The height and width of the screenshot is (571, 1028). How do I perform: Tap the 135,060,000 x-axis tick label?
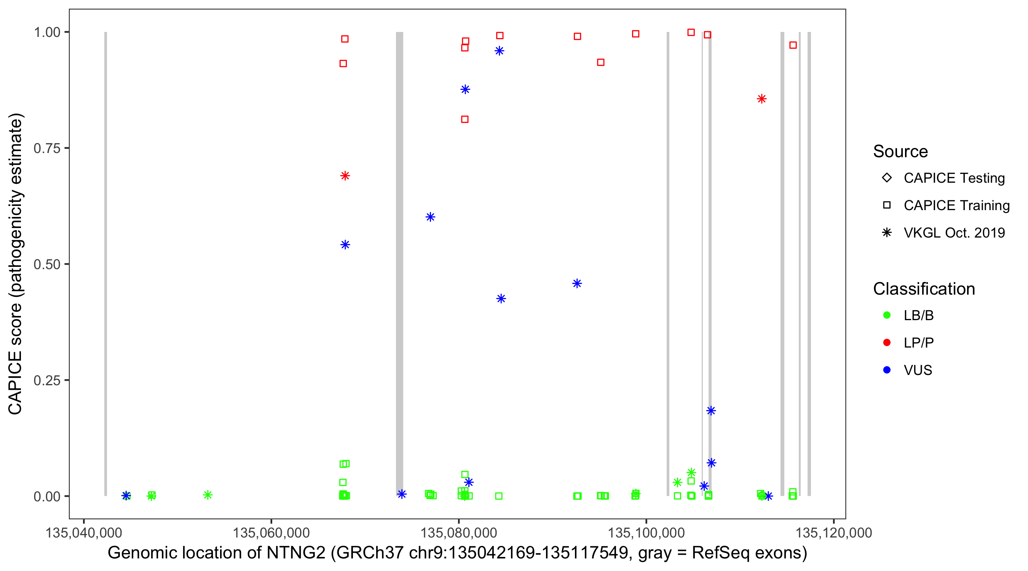[x=271, y=533]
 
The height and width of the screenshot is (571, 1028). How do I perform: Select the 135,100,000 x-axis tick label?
[x=646, y=533]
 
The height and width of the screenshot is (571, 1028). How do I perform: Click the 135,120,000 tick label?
[x=834, y=533]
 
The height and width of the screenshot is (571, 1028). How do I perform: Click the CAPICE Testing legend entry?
[x=954, y=178]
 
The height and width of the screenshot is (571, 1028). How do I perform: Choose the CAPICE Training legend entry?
[x=956, y=206]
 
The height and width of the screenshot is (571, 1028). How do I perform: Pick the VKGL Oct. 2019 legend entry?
[x=954, y=233]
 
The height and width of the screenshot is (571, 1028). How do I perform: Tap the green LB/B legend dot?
[x=887, y=315]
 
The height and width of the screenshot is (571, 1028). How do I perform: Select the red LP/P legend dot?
[x=887, y=343]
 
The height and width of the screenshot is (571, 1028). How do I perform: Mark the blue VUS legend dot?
[x=887, y=370]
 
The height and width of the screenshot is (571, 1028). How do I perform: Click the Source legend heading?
[x=900, y=152]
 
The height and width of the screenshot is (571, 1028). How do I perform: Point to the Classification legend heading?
[x=924, y=289]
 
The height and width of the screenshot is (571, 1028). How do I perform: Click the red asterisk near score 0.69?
[x=345, y=176]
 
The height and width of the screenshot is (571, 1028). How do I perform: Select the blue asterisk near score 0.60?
[x=430, y=217]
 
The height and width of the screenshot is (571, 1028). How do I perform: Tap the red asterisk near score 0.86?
[x=761, y=99]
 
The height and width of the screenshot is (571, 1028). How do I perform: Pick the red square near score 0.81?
[x=465, y=119]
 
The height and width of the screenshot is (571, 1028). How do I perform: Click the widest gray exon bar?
[x=399, y=263]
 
